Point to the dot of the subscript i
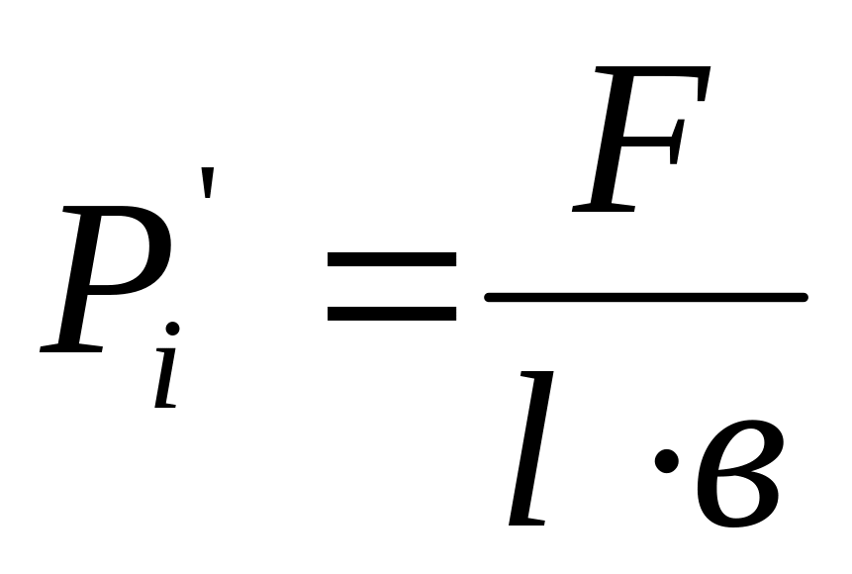pos(173,329)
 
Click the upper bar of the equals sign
pos(391,260)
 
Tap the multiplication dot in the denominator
pos(667,460)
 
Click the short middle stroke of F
pos(658,139)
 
